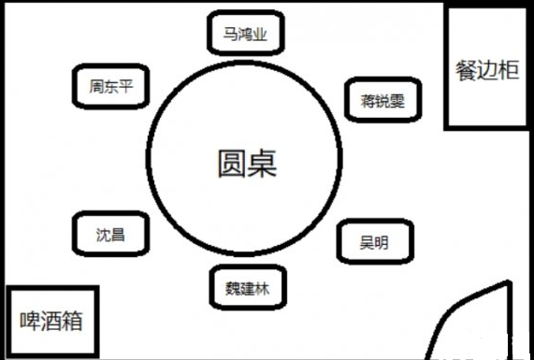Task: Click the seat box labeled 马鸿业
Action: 245,34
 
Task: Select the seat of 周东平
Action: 110,87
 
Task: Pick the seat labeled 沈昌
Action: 109,234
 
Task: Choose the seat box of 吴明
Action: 372,243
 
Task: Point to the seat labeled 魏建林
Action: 246,287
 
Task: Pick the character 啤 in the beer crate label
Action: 29,322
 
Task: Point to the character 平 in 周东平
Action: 126,87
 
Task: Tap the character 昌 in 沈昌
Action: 117,234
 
